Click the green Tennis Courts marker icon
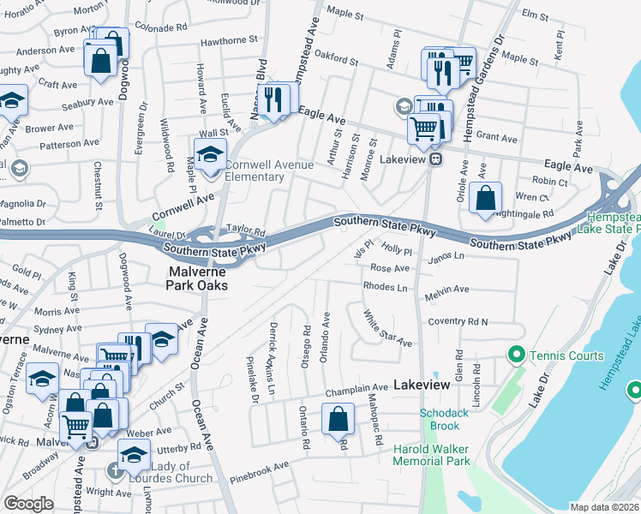(515, 354)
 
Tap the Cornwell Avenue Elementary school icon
(208, 155)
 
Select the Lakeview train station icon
(435, 158)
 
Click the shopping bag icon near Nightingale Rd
(485, 197)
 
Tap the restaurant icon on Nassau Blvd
(273, 99)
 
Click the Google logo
(28, 504)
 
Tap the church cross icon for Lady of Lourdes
(114, 470)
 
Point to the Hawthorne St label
(229, 40)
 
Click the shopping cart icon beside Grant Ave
(424, 128)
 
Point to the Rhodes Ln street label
(385, 286)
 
